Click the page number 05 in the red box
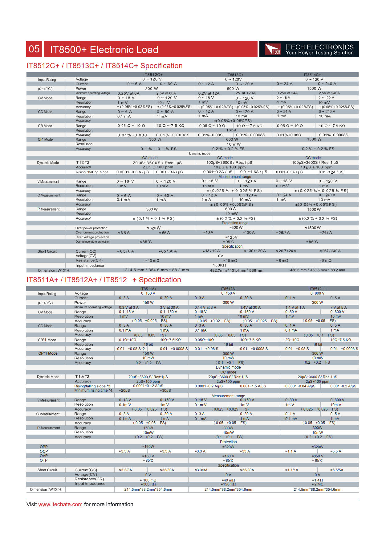[x=34, y=49]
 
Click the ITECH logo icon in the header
[x=273, y=49]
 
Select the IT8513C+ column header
[x=235, y=75]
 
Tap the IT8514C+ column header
[x=312, y=75]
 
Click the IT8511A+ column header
[x=148, y=289]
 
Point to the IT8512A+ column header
[x=228, y=289]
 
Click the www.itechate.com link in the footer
[x=60, y=504]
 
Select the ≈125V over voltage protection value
[x=231, y=237]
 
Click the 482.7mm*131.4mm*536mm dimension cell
[x=236, y=270]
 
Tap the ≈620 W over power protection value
[x=235, y=228]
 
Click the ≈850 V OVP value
[x=317, y=456]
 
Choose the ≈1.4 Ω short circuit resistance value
[x=317, y=480]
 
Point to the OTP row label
[x=44, y=460]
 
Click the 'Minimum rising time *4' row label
[x=93, y=390]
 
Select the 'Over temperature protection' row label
[x=92, y=242]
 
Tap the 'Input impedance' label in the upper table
[x=90, y=266]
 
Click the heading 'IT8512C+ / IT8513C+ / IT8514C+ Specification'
[x=104, y=66]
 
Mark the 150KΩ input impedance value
[x=219, y=265]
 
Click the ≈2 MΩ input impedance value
[x=317, y=484]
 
